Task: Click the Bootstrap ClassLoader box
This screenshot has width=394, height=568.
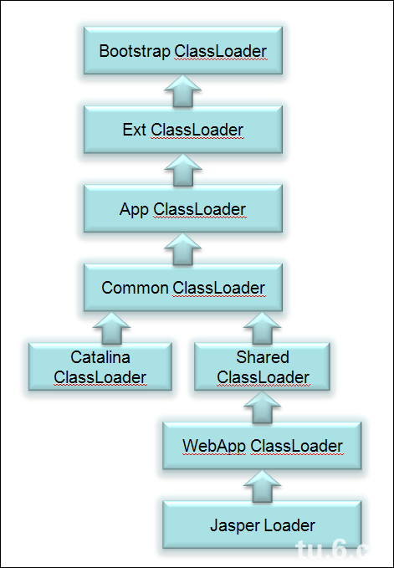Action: point(182,52)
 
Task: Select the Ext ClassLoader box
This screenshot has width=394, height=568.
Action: point(182,130)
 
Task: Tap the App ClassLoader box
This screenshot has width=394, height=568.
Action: point(182,209)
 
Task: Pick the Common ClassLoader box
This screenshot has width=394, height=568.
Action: point(182,288)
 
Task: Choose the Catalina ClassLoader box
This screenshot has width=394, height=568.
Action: point(100,366)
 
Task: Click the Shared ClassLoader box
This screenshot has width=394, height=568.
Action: point(263,366)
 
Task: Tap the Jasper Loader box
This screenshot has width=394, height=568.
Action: point(263,525)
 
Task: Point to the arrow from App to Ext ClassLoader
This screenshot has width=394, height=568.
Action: point(182,170)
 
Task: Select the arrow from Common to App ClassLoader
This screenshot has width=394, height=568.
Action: point(182,248)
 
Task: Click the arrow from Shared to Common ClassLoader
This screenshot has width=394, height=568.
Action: point(263,327)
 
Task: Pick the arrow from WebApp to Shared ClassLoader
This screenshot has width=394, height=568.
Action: point(263,407)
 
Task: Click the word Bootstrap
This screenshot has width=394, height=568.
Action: point(135,51)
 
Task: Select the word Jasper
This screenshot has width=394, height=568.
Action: point(234,525)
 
